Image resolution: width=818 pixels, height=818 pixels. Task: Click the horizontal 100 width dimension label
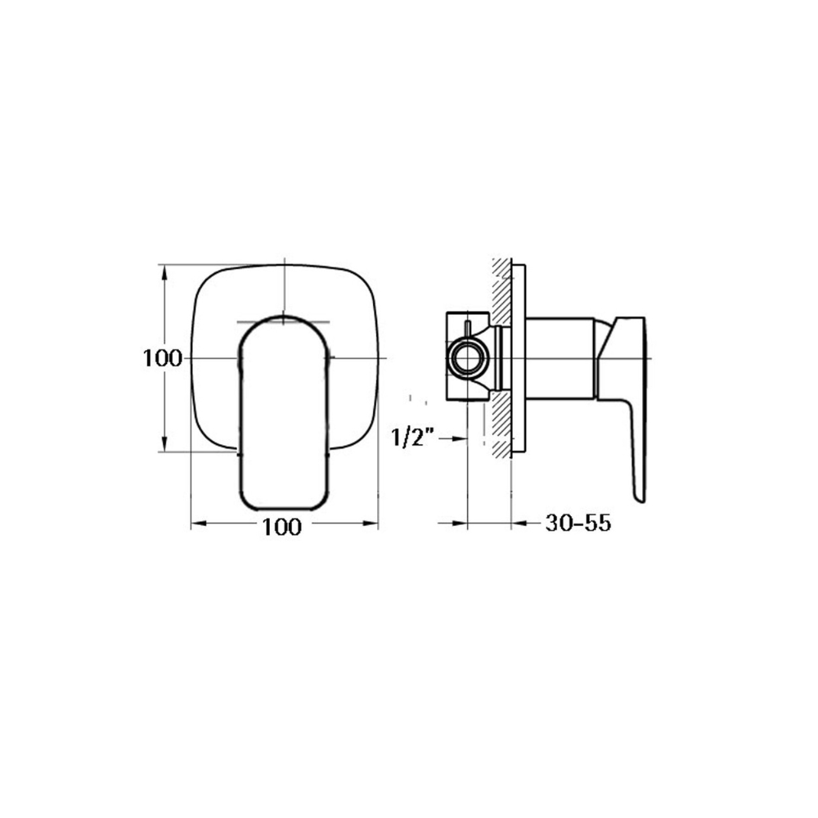[282, 528]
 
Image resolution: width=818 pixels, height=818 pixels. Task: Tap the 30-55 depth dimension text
[578, 524]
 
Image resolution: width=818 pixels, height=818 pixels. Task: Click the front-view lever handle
[284, 417]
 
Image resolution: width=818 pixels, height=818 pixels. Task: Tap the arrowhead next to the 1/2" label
[458, 439]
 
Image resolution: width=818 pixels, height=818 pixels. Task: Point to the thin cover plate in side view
[519, 357]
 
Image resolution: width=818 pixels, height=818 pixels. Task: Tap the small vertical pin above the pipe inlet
[467, 330]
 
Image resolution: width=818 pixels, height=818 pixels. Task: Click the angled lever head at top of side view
[626, 335]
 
